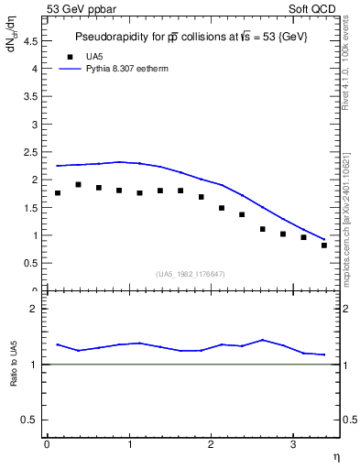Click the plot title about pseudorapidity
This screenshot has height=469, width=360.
click(191, 38)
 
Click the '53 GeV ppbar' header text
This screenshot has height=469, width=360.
click(81, 9)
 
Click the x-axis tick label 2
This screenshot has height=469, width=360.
click(211, 444)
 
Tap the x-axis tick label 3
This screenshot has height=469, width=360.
click(292, 444)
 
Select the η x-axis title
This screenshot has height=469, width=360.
click(334, 455)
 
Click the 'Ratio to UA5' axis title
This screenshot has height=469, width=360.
click(14, 377)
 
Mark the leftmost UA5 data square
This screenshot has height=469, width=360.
click(58, 193)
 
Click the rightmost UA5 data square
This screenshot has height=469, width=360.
click(324, 245)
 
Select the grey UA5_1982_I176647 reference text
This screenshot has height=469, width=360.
click(191, 274)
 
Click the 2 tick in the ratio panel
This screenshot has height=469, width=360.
click(33, 309)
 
